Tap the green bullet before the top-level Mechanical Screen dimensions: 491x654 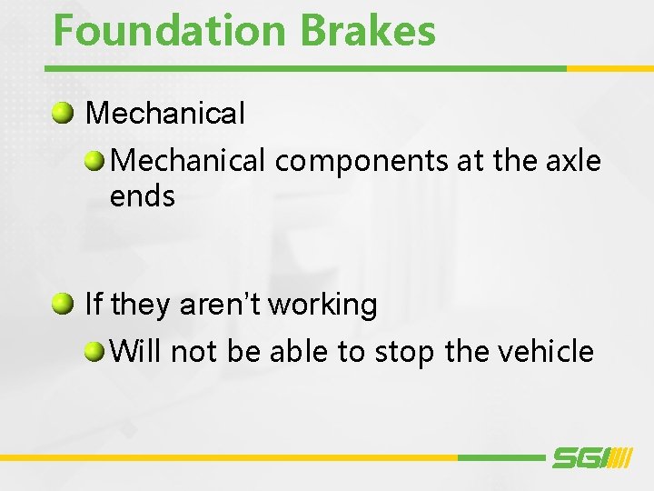63,114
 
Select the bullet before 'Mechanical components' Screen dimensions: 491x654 95,162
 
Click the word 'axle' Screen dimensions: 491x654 575,161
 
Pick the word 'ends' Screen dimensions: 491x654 142,195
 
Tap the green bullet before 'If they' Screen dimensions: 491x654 63,304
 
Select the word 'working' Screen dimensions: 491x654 322,306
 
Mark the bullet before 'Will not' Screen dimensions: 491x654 95,351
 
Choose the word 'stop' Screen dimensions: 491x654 400,352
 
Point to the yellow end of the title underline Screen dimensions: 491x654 609,68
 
